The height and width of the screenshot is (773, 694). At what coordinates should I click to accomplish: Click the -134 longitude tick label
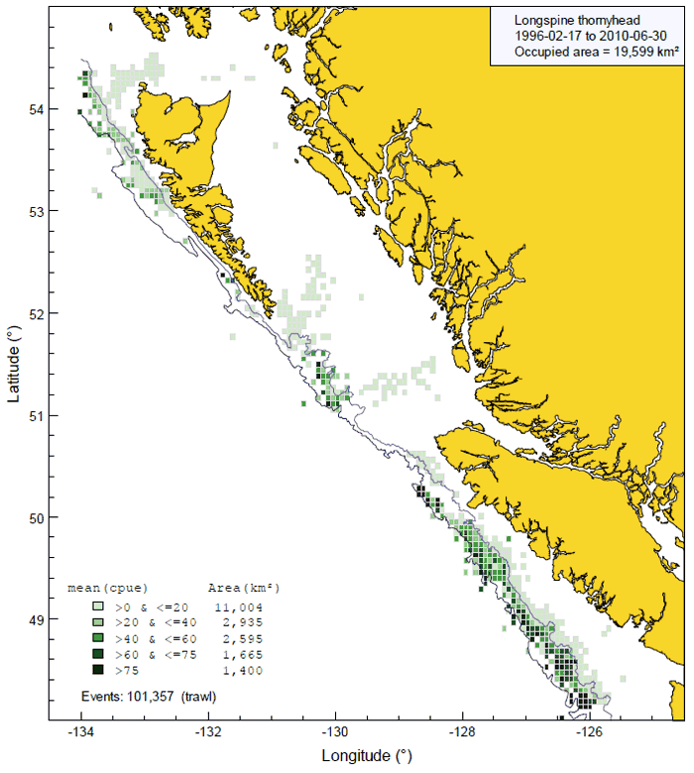tap(80, 734)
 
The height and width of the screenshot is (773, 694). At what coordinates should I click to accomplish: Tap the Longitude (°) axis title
tap(366, 755)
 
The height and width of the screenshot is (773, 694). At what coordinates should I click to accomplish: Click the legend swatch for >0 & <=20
tap(97, 605)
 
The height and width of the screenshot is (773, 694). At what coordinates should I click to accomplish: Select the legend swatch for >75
tap(97, 671)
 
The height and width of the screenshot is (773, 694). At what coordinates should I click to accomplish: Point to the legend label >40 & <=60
tap(150, 637)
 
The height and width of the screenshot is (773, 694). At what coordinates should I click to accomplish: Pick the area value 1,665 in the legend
tap(239, 654)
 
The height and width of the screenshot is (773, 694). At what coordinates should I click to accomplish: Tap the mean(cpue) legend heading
tap(107, 588)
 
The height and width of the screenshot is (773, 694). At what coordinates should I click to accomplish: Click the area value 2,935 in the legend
tap(239, 621)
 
